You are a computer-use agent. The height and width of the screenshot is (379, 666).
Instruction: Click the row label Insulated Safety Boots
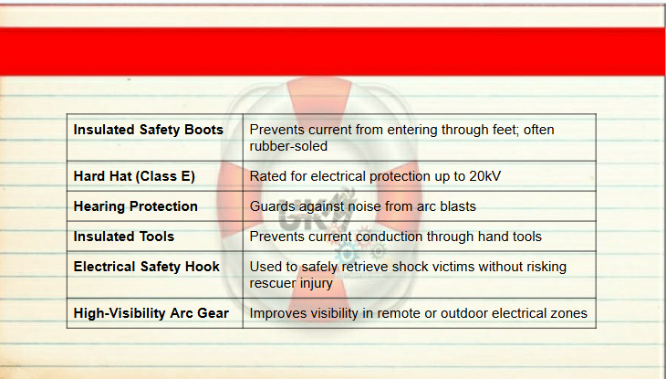coord(148,130)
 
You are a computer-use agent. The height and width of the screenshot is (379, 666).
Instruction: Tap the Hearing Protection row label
coord(136,206)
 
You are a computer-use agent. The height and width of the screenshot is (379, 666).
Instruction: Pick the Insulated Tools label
coord(123,237)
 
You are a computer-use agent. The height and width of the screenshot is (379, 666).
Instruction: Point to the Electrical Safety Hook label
coord(147,267)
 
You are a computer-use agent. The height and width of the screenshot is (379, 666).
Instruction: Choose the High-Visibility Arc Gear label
coord(151,313)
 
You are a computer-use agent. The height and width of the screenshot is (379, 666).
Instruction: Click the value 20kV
coord(485,176)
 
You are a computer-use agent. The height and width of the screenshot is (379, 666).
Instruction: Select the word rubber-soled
coord(288,146)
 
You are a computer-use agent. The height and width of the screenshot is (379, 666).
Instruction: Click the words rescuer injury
coord(291,284)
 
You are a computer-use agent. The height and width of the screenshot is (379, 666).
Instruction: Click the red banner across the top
coord(333,51)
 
